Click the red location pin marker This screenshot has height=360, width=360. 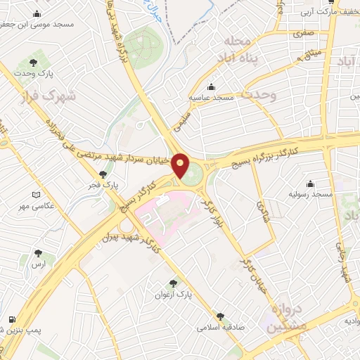[x=181, y=166]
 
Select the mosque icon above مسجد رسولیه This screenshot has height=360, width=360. [x=311, y=182]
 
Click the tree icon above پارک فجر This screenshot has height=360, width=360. [x=103, y=174]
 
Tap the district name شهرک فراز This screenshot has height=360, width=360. [x=49, y=96]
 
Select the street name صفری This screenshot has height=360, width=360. [x=303, y=33]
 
